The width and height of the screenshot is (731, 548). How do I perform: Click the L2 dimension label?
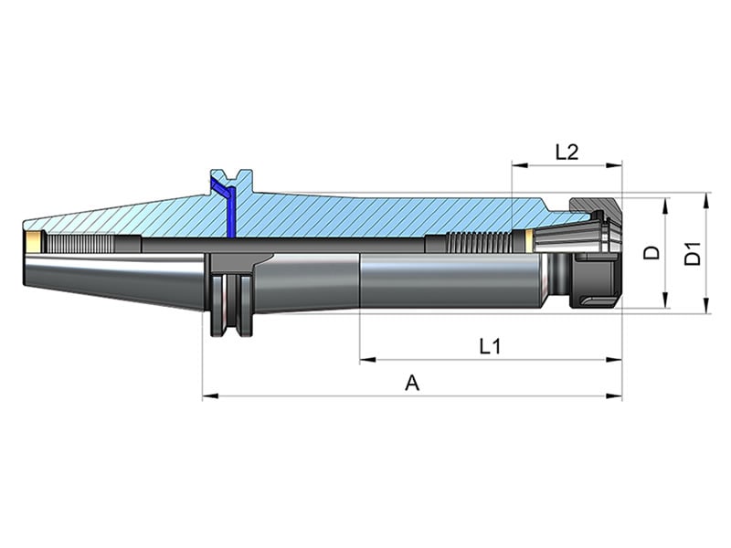click(x=567, y=152)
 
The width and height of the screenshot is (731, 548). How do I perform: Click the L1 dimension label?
click(x=490, y=346)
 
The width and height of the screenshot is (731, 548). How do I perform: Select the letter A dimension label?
click(x=412, y=383)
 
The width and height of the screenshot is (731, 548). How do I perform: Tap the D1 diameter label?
click(x=693, y=253)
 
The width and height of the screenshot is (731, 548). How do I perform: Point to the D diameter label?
click(x=652, y=252)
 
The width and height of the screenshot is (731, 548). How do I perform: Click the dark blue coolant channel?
click(x=225, y=204)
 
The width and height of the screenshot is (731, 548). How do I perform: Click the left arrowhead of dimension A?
click(x=211, y=396)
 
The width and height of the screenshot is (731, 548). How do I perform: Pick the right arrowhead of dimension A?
click(x=613, y=396)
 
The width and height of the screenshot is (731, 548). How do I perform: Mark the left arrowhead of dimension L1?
click(x=368, y=360)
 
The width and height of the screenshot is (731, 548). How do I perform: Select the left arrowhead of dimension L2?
click(x=520, y=165)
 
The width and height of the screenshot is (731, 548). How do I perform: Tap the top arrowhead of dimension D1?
click(x=706, y=201)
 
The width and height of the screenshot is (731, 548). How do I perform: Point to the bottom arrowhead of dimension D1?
click(x=706, y=305)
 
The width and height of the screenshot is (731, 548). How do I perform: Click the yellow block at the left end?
click(x=34, y=242)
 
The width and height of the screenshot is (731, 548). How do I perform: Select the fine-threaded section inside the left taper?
click(x=79, y=243)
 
